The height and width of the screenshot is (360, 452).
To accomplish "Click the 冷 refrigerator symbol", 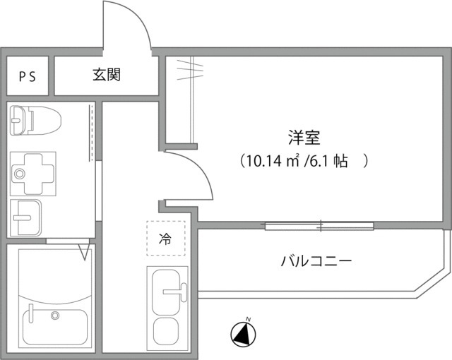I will point(165,239).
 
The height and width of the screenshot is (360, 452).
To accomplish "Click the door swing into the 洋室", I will point(191,176).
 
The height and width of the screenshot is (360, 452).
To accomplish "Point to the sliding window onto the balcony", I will point(319,226).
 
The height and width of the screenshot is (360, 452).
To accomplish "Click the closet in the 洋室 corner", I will point(181,99).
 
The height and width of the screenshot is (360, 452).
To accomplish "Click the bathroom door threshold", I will point(71,242).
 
